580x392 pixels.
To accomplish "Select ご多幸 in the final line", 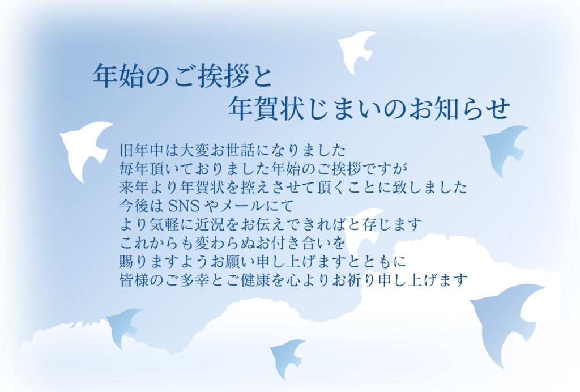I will tap(192, 279).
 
